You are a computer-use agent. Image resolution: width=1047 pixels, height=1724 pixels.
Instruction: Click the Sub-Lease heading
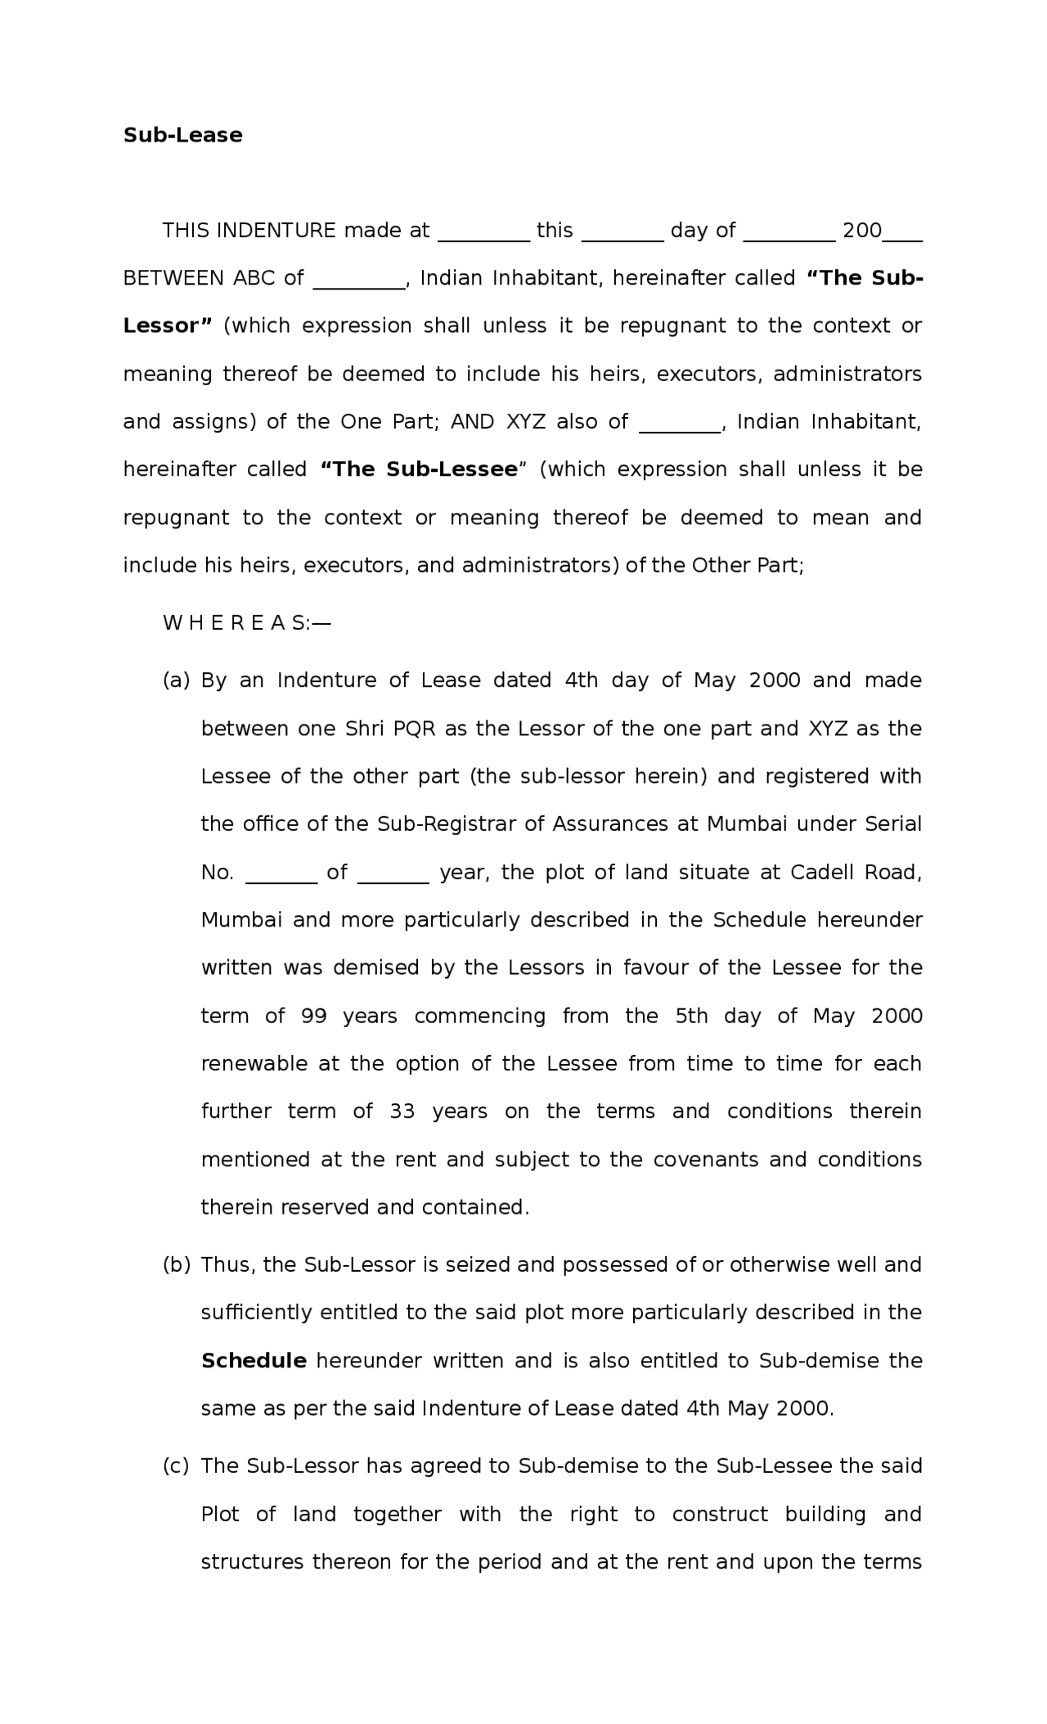182,135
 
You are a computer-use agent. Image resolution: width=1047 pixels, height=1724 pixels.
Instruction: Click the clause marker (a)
176,680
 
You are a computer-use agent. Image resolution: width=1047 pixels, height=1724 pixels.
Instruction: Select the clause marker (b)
176,1264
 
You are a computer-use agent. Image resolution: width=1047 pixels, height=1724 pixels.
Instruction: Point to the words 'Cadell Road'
856,873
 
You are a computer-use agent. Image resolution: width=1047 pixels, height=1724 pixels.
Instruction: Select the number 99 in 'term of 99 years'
314,1017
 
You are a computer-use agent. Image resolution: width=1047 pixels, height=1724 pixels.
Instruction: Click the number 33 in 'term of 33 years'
402,1111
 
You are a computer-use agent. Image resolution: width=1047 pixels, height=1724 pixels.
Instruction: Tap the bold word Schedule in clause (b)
254,1361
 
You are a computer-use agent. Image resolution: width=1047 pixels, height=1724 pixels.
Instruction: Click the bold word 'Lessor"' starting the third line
167,325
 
